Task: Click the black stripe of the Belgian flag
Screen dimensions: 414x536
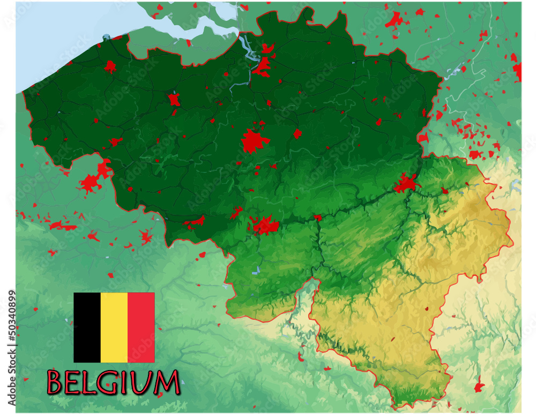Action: (87, 327)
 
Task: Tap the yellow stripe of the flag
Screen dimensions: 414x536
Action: (114, 327)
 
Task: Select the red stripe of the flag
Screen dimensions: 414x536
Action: (141, 327)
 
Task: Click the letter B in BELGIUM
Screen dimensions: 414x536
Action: (56, 382)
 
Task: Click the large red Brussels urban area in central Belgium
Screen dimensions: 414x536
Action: (254, 141)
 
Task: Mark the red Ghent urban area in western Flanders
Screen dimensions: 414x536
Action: (174, 100)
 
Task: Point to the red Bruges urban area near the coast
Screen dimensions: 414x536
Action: (110, 66)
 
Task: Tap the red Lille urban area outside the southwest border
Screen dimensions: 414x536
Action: (90, 183)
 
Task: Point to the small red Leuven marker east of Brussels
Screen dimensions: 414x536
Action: (297, 133)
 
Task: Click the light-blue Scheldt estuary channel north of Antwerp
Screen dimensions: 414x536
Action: (249, 48)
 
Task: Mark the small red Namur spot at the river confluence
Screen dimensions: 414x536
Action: (317, 217)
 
